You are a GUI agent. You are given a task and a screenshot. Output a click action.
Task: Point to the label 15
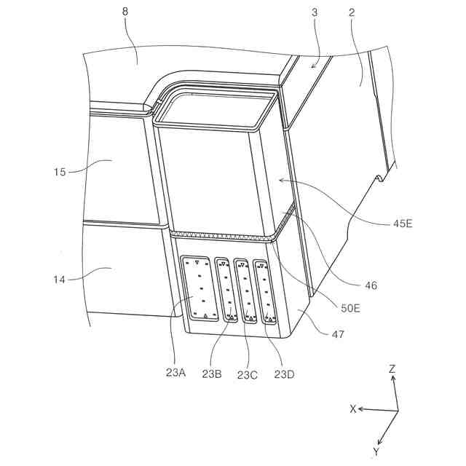[x=60, y=172]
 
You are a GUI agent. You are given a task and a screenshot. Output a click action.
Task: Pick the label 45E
[x=400, y=224]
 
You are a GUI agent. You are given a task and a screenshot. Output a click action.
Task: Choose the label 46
[x=371, y=286]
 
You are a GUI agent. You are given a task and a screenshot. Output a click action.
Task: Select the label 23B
[x=213, y=374]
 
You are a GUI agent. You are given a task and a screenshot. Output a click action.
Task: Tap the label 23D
[x=284, y=374]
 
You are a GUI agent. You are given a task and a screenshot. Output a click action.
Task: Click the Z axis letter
[x=392, y=369]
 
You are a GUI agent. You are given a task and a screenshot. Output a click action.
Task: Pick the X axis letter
[x=353, y=409]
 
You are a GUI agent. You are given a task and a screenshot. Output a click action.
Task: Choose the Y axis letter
[x=376, y=452]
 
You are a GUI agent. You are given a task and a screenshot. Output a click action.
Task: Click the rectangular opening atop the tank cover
[x=217, y=107]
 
